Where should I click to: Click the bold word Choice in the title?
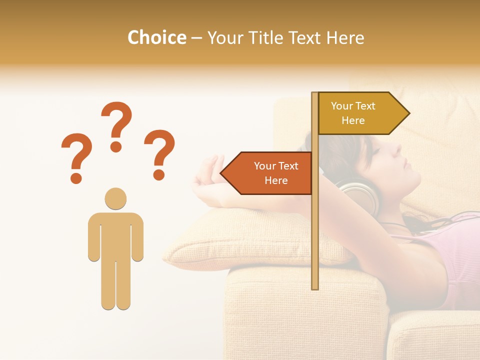[x=156, y=38]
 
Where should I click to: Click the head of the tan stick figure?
[x=115, y=198]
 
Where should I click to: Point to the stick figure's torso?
[x=115, y=235]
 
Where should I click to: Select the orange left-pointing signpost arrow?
[x=270, y=173]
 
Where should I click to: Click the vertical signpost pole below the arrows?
[x=315, y=240]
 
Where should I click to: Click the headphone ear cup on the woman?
[x=359, y=195]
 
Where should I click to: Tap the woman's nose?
[x=397, y=148]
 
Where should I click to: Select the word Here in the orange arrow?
[x=276, y=180]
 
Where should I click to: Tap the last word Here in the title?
[x=345, y=38]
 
